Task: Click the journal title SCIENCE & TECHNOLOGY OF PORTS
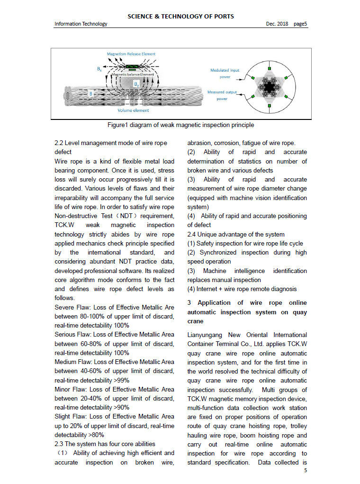click(180, 16)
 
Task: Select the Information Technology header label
click(81, 24)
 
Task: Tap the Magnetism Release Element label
click(131, 54)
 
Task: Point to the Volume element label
click(133, 110)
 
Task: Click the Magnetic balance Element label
click(132, 75)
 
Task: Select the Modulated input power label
click(225, 73)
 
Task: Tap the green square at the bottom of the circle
click(270, 114)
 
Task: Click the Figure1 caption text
click(180, 126)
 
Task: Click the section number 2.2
click(59, 143)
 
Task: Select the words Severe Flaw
click(71, 307)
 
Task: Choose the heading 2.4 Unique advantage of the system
click(236, 234)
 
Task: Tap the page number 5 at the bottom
click(306, 471)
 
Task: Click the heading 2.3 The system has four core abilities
click(105, 444)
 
